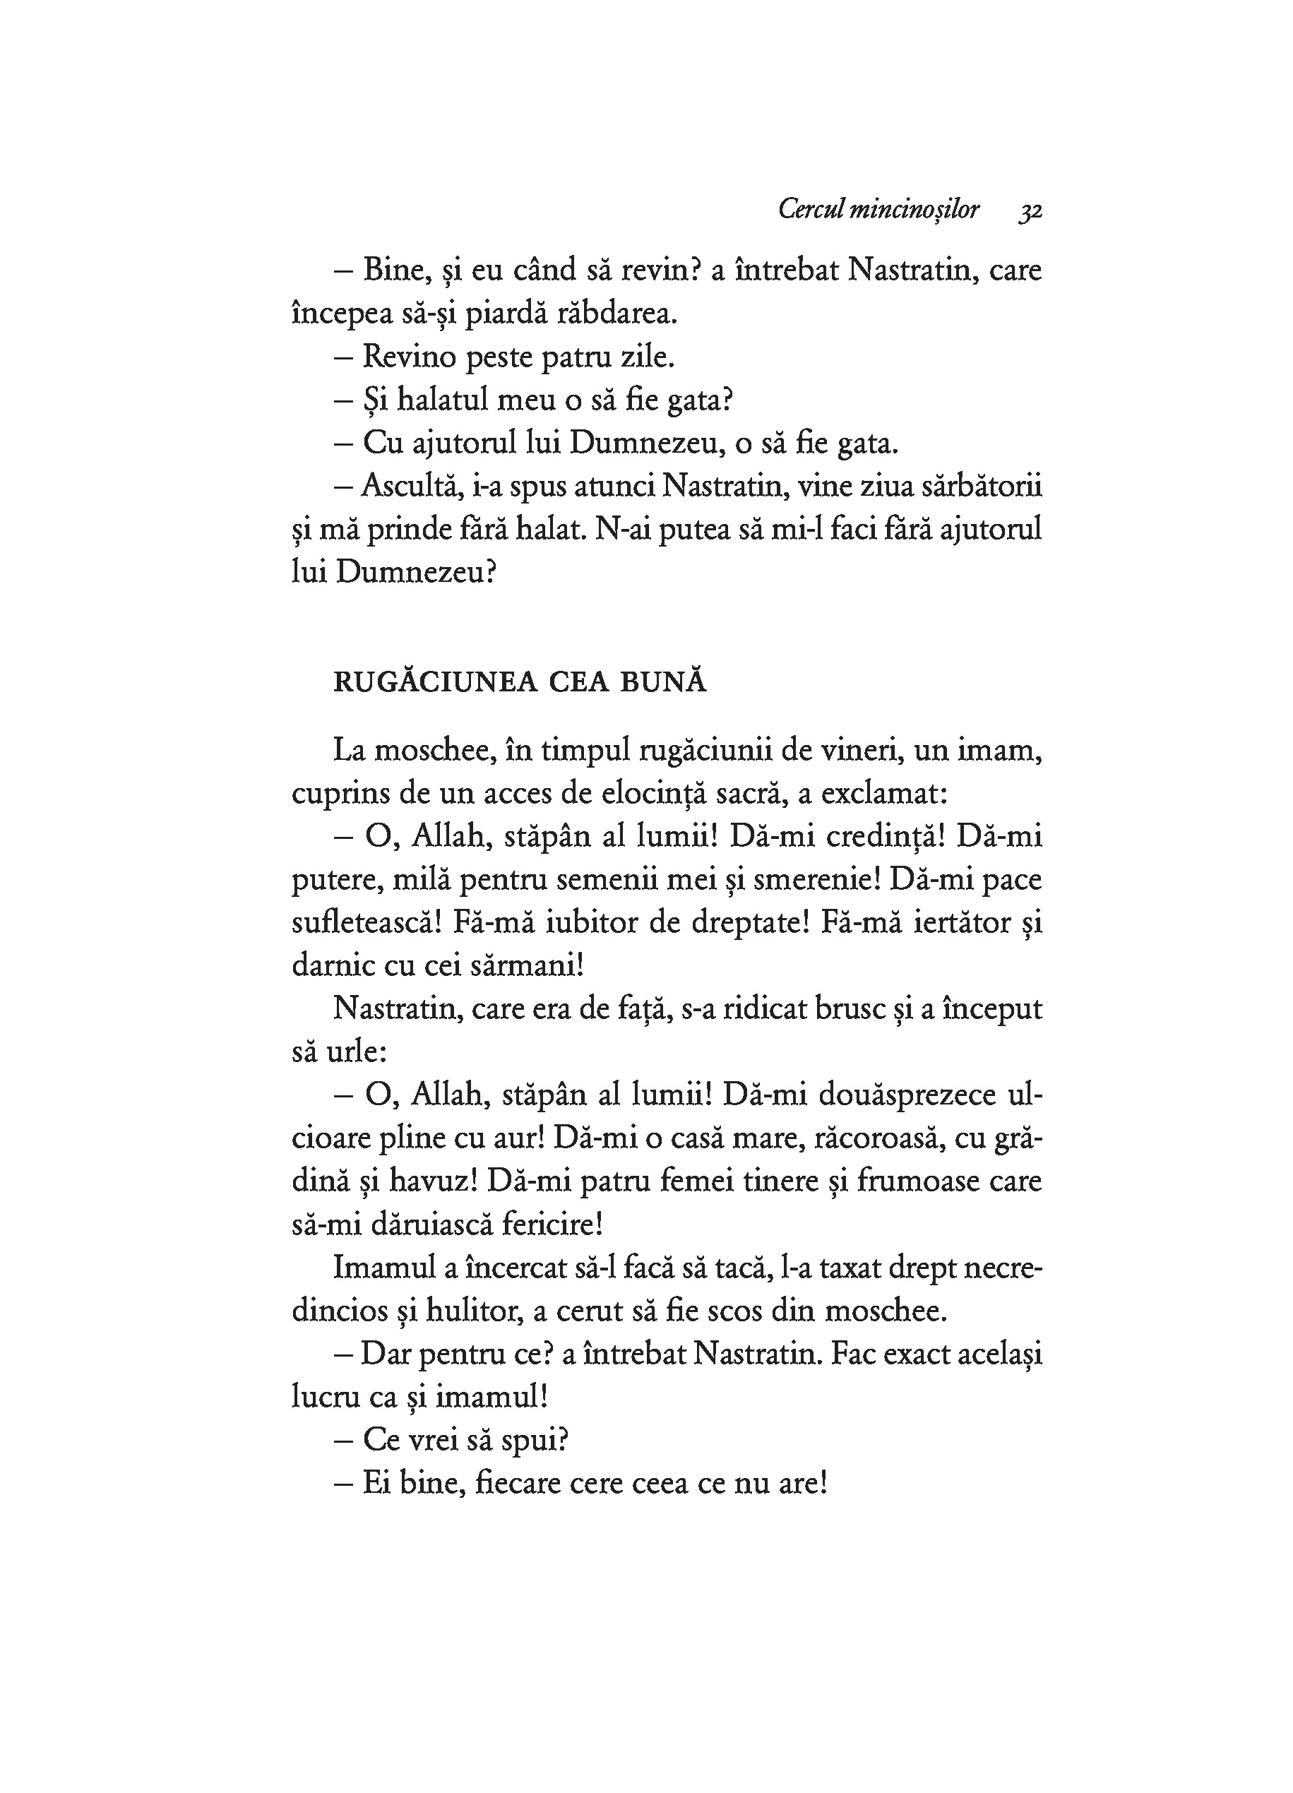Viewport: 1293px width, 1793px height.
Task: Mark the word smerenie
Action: pyautogui.click(x=811, y=880)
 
